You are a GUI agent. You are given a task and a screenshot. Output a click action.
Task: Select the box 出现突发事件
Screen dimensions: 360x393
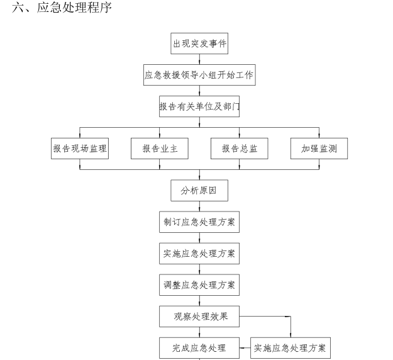coord(200,43)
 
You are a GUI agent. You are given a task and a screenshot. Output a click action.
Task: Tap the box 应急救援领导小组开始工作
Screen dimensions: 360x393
coord(199,75)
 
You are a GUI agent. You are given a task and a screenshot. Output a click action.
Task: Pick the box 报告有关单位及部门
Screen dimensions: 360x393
coord(199,107)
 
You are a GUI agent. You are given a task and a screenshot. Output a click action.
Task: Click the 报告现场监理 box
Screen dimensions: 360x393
coord(80,149)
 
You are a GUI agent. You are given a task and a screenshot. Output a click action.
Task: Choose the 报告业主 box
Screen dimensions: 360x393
coord(160,149)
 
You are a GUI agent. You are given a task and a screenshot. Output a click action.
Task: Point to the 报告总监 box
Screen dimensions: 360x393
coord(240,149)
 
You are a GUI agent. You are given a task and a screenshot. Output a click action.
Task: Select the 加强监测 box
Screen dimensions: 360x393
coord(319,149)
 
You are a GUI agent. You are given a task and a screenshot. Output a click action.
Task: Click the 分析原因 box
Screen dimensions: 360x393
coord(199,190)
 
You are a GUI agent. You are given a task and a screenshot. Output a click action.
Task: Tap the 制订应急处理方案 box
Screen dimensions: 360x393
coord(199,222)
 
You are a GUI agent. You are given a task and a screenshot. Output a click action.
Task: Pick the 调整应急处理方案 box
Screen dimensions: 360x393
coord(199,284)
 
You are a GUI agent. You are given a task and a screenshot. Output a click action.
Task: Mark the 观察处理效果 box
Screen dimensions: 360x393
coord(199,316)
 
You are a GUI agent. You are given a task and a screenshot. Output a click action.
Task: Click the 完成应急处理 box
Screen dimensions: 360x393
coord(199,347)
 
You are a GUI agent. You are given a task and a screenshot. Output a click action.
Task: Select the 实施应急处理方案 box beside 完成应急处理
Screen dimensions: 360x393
coord(291,347)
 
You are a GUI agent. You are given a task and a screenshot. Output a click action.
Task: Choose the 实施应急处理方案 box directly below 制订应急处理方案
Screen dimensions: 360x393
coord(199,253)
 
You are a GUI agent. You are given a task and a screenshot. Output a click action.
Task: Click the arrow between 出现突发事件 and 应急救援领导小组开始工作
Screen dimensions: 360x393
coord(199,59)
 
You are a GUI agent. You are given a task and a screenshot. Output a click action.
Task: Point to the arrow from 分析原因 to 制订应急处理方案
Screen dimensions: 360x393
coord(199,206)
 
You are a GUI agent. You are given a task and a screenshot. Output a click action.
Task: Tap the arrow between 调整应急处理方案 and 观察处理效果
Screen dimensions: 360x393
coord(199,300)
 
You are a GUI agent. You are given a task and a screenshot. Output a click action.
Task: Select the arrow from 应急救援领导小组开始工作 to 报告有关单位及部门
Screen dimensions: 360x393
coord(199,91)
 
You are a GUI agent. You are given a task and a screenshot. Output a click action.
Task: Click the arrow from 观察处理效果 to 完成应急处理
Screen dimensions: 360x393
coord(199,332)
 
